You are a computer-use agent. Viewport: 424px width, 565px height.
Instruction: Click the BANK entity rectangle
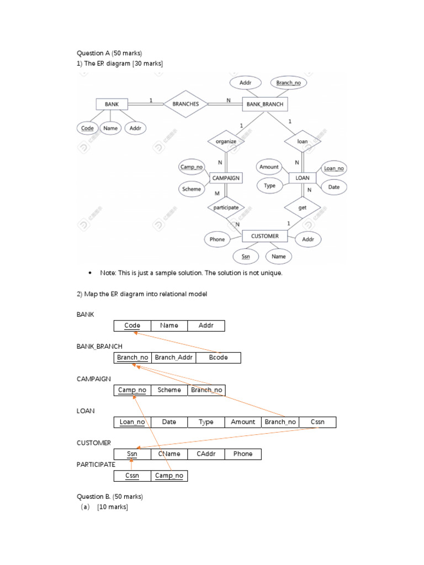click(x=112, y=104)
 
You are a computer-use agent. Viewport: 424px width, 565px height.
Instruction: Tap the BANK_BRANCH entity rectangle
click(x=264, y=104)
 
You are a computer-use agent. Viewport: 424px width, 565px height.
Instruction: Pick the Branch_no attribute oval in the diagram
click(x=289, y=83)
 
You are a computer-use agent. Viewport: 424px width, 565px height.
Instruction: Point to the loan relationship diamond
click(x=302, y=141)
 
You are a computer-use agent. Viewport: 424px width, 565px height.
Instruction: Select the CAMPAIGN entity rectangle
click(x=225, y=178)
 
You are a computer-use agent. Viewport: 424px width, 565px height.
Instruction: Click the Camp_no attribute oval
click(x=192, y=167)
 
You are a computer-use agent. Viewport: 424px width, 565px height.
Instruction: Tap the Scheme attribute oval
click(x=192, y=189)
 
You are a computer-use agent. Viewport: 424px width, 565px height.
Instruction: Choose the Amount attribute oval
click(x=269, y=167)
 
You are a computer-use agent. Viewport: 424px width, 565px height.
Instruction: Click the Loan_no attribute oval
click(x=333, y=169)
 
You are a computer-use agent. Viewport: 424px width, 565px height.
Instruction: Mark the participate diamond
click(x=225, y=208)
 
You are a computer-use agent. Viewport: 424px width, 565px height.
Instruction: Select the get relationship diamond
click(x=302, y=208)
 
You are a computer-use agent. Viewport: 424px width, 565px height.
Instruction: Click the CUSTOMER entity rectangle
click(x=264, y=236)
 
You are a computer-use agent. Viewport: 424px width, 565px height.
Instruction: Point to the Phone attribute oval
click(x=218, y=239)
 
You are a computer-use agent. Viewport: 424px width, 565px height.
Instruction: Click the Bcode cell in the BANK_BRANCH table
click(x=218, y=358)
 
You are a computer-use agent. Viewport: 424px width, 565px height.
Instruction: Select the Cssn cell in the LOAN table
click(x=317, y=422)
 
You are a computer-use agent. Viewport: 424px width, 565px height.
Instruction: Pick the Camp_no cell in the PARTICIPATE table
click(x=169, y=476)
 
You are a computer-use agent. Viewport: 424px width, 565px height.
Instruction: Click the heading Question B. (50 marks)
click(x=109, y=497)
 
